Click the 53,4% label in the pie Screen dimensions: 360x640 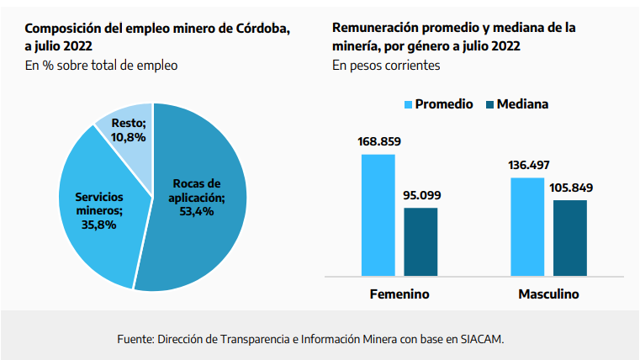196,211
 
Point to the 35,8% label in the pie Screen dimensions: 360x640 98,225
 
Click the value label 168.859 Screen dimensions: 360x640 378,141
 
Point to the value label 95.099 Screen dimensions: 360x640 420,195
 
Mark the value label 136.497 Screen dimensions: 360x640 529,165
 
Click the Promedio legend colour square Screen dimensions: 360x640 408,104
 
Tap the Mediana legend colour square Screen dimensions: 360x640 486,104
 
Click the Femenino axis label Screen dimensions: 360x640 399,295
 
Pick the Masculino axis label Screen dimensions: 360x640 548,295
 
